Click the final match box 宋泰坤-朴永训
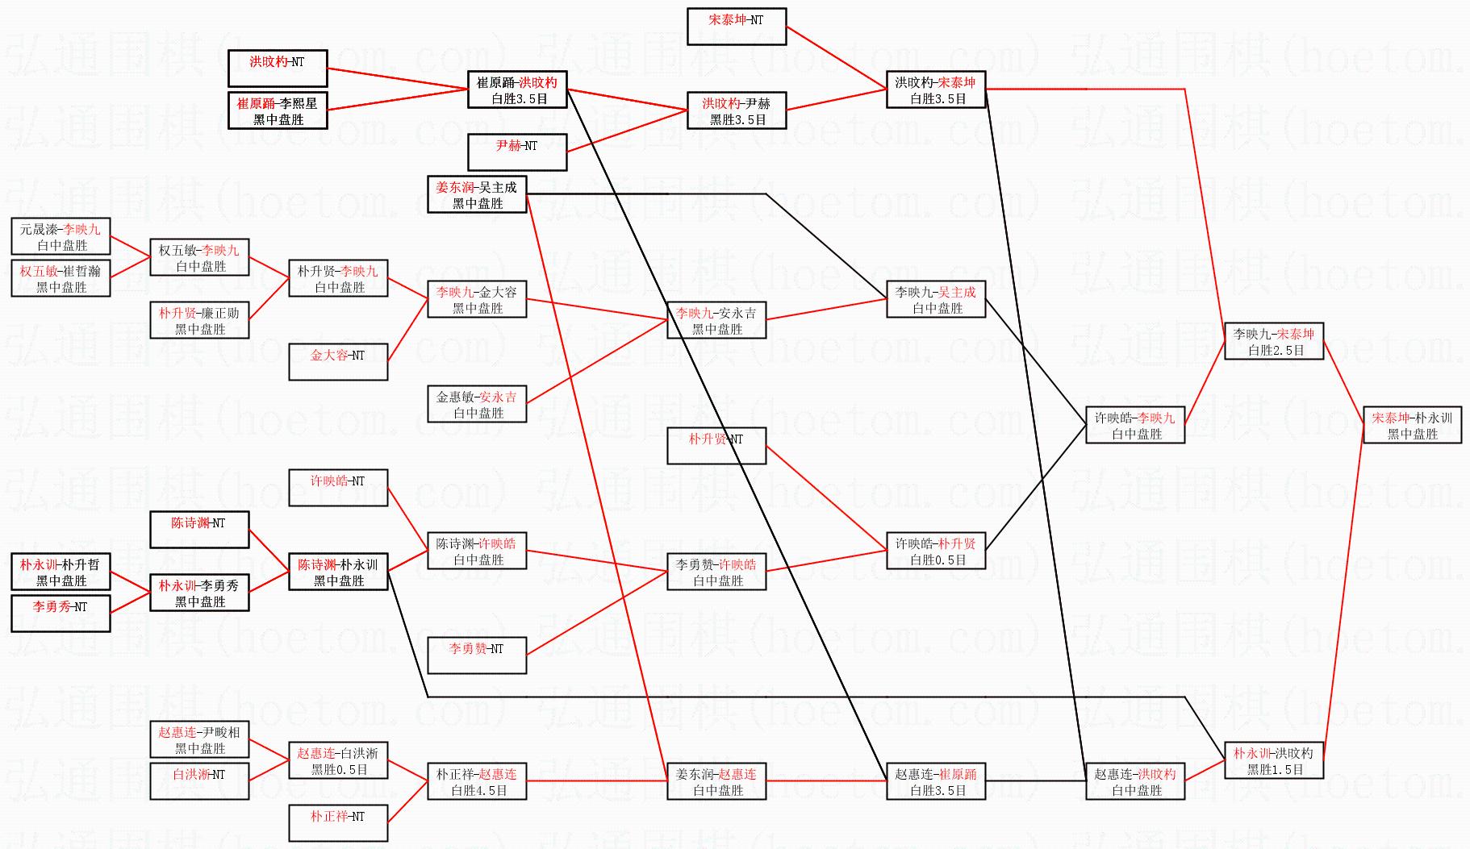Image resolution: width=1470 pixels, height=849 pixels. tap(1412, 426)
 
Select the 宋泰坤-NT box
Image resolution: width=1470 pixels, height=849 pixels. tap(736, 27)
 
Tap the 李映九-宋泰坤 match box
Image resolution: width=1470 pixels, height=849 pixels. tap(1274, 342)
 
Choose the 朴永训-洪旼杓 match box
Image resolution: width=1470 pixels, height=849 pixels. tap(1273, 761)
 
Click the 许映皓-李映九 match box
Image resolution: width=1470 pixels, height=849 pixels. tap(1135, 426)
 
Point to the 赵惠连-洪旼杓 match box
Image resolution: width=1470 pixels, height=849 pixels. tap(1135, 782)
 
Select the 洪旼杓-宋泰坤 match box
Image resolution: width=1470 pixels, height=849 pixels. tap(935, 90)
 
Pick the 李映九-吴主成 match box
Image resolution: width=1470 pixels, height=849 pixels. tap(936, 300)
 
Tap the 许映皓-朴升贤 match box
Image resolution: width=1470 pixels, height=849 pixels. tap(936, 551)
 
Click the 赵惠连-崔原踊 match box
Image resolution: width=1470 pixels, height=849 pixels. tap(936, 782)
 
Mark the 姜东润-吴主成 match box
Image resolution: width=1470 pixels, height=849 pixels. tap(477, 195)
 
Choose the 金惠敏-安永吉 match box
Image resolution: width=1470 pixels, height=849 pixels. tap(477, 405)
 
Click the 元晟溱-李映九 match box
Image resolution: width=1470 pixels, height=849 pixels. tap(61, 237)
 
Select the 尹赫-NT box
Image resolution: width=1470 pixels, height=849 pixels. tap(517, 152)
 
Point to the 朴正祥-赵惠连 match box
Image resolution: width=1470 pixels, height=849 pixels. tap(477, 782)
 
